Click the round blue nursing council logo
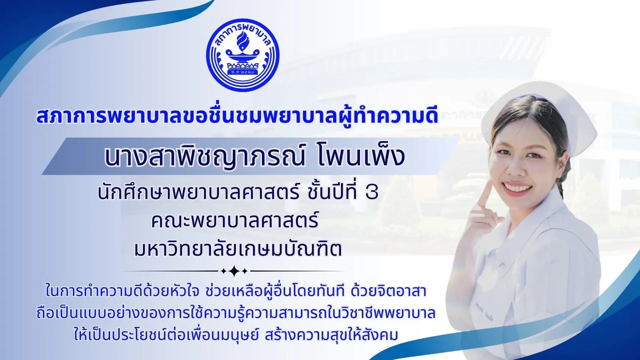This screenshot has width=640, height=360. click(x=243, y=55)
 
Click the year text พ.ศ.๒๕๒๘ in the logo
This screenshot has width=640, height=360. click(x=243, y=71)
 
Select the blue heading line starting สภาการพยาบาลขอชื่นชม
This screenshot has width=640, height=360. click(x=237, y=117)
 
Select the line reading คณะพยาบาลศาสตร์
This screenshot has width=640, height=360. click(x=234, y=220)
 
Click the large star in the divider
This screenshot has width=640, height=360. click(x=234, y=271)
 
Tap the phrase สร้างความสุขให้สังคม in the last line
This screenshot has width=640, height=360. click(x=331, y=335)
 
